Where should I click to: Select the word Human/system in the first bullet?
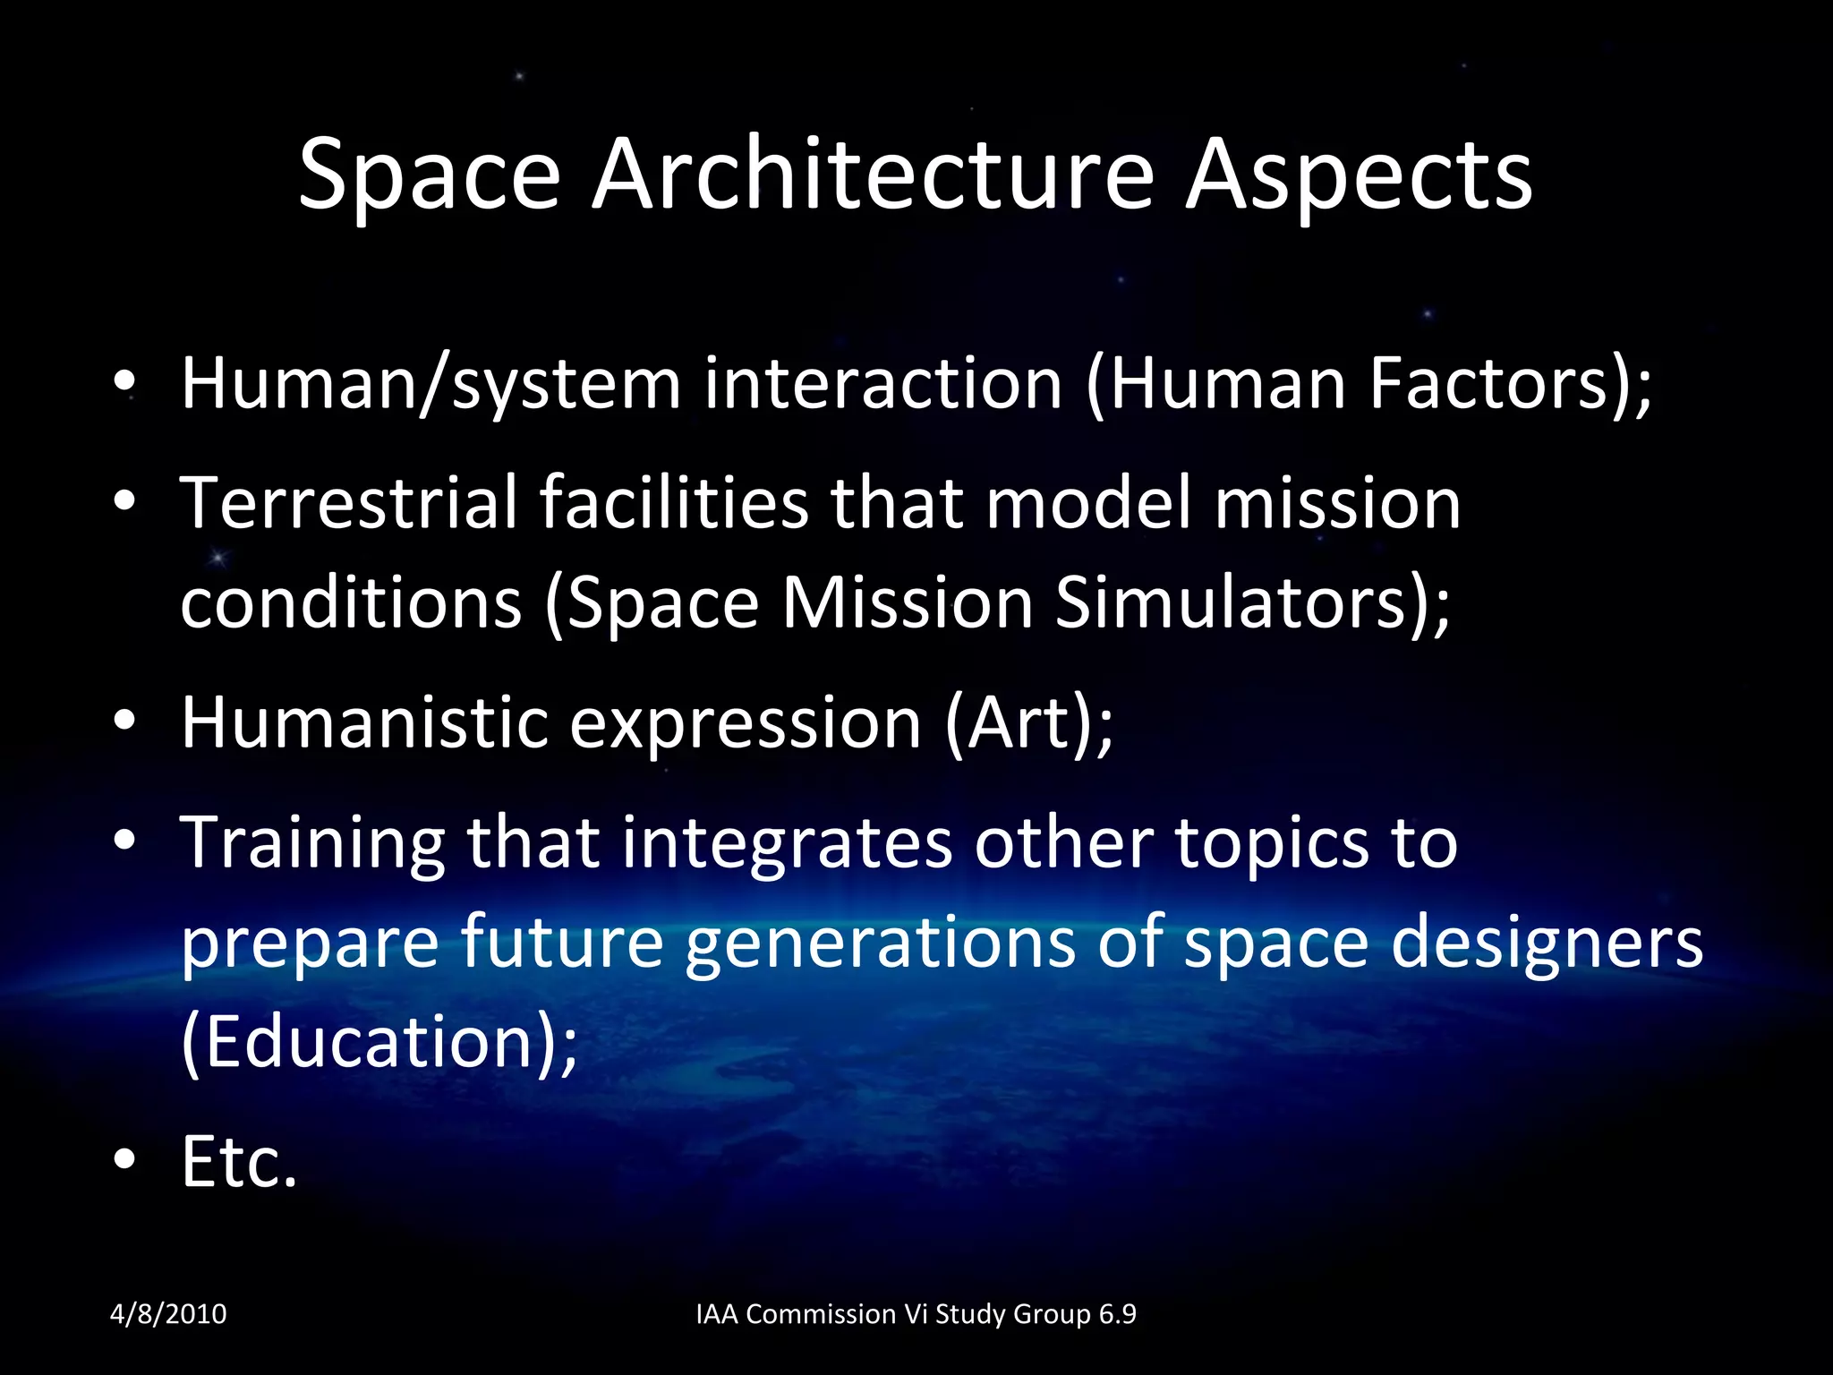point(431,385)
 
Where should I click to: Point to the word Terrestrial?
point(349,503)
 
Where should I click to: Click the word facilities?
point(674,503)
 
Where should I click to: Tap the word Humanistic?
point(364,723)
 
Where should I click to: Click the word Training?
point(312,843)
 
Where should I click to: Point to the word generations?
point(880,944)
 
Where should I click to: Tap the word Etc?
point(238,1162)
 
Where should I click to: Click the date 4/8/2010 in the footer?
point(168,1314)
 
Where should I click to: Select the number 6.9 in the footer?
point(1117,1314)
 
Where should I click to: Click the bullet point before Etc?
point(124,1160)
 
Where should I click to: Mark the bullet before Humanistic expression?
point(124,721)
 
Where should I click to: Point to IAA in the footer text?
point(717,1314)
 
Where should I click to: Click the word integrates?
point(788,843)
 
